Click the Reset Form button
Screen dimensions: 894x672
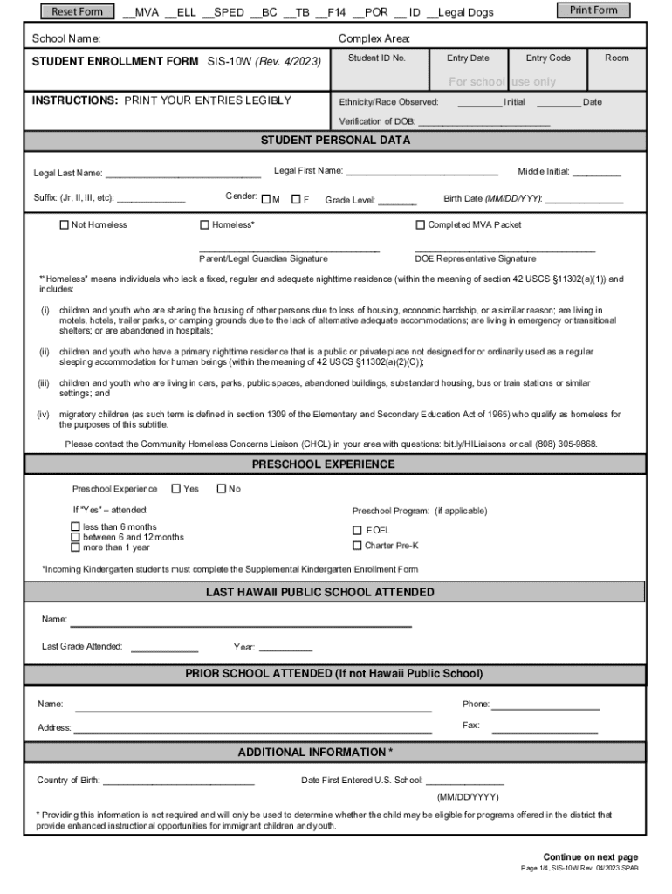78,11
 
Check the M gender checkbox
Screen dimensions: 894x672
265,199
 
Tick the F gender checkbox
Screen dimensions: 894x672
296,199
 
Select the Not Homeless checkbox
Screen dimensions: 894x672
64,224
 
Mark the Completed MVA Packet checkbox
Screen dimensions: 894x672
421,224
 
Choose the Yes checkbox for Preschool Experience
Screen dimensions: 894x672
176,488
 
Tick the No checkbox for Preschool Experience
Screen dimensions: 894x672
221,488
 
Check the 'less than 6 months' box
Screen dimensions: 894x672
75,526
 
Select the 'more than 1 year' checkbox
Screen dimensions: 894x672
75,547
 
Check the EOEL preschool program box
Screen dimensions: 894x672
357,530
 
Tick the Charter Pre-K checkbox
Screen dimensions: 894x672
357,546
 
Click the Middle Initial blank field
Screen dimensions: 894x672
596,174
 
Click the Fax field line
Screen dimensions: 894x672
545,729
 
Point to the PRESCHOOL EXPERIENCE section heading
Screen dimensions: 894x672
323,464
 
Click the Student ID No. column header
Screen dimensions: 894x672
377,58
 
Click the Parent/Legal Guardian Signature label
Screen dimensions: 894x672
264,258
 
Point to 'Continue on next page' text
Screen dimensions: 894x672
591,856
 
